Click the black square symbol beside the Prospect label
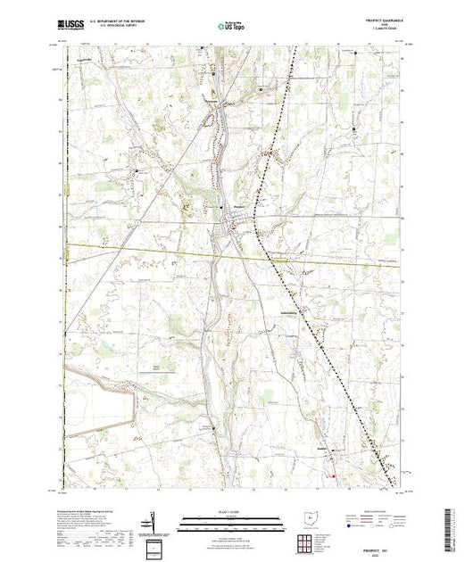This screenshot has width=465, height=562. click(x=222, y=208)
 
